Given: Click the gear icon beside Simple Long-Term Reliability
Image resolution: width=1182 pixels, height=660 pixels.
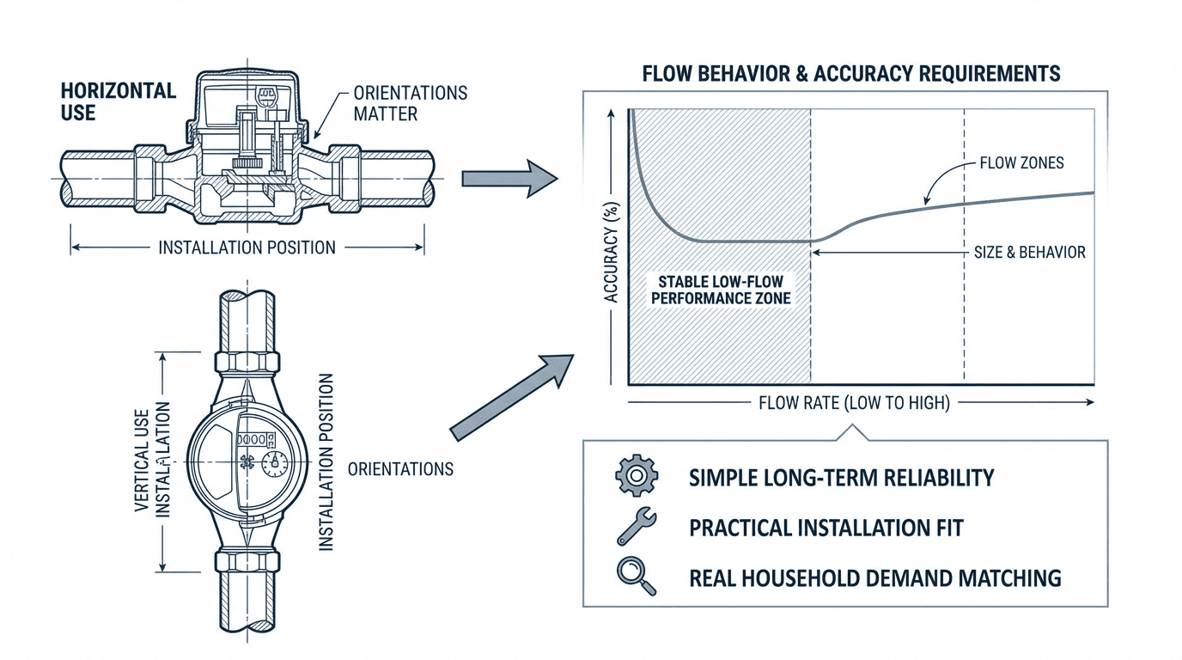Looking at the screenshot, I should click(x=637, y=476).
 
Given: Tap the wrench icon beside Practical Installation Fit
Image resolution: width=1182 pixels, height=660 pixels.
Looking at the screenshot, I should click(x=637, y=526).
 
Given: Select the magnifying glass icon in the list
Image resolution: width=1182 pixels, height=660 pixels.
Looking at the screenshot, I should click(x=637, y=577).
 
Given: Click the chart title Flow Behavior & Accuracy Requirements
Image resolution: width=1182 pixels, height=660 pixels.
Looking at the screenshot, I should click(x=851, y=73).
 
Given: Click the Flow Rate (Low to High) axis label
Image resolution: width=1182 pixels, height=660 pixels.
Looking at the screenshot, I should click(x=854, y=402).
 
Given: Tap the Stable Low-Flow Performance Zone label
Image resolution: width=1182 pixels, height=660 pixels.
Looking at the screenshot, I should click(x=721, y=290).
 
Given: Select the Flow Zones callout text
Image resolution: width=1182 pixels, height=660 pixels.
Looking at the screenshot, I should click(x=1021, y=162).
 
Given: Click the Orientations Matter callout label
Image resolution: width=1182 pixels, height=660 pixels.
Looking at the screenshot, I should click(x=411, y=102).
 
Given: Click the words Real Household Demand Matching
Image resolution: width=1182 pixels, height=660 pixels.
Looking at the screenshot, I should click(x=875, y=577).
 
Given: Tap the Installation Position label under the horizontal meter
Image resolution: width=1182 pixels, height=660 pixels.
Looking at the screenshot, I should click(x=247, y=247).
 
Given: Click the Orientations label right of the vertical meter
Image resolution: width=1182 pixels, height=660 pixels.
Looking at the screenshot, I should click(x=400, y=469).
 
